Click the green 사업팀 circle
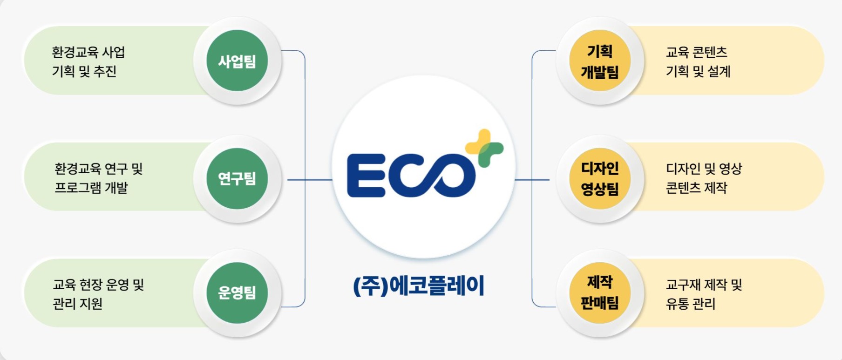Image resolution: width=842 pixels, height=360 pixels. click(237, 61)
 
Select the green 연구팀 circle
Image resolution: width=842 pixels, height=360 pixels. click(237, 178)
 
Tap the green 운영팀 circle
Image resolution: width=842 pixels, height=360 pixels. click(237, 293)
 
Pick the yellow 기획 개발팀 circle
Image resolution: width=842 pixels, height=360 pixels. click(600, 61)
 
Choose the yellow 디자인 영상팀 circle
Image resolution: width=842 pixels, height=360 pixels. click(600, 178)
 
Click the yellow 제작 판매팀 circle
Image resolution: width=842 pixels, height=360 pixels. click(600, 293)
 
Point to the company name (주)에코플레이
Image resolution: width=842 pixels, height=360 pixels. click(419, 285)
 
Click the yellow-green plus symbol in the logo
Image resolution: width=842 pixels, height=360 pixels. click(484, 148)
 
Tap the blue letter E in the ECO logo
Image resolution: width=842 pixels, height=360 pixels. click(366, 176)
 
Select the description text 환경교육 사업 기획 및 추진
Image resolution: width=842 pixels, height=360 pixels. click(88, 61)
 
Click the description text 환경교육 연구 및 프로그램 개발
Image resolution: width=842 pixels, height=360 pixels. click(98, 178)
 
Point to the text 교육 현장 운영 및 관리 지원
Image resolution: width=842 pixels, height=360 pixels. click(98, 294)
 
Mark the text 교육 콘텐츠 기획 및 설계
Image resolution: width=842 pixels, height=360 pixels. click(698, 61)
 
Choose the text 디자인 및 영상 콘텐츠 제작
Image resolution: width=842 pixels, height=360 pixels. click(703, 178)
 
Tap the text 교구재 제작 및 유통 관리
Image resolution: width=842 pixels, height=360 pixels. click(703, 294)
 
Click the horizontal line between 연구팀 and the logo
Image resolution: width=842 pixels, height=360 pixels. click(310, 179)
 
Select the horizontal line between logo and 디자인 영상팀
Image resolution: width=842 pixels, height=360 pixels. click(532, 179)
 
